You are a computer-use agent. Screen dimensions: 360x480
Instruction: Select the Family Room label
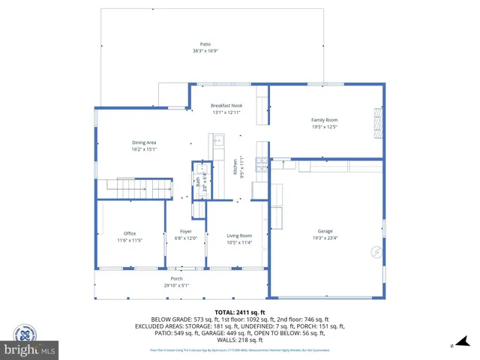[325, 120]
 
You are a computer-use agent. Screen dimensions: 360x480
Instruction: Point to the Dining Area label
[144, 142]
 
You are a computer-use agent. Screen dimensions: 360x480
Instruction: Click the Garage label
[325, 231]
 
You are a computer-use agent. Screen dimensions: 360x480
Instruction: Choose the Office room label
[130, 234]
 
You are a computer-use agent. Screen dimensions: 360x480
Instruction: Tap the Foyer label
[185, 231]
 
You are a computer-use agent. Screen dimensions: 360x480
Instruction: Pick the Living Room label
[239, 235]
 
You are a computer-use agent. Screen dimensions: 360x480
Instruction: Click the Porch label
[176, 278]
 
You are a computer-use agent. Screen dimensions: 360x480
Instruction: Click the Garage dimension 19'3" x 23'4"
[325, 238]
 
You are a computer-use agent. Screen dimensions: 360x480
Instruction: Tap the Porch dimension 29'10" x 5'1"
[176, 285]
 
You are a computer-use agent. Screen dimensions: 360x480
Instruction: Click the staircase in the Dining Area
[124, 187]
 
